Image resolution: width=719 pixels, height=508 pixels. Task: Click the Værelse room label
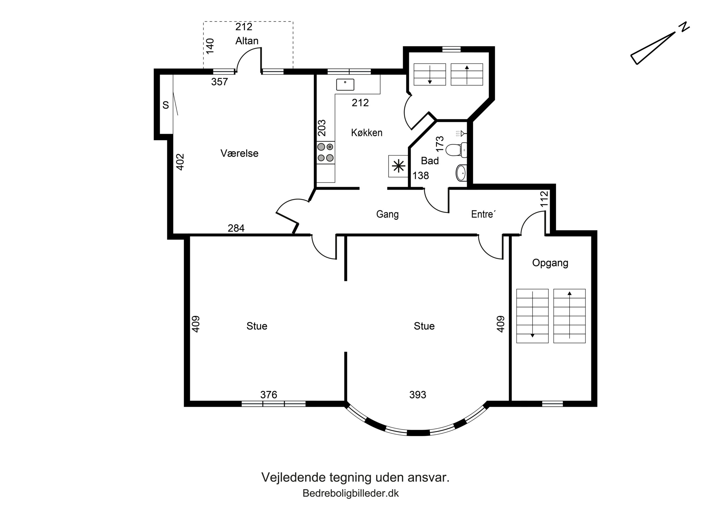[x=239, y=153]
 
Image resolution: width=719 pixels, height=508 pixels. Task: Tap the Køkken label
[x=367, y=133]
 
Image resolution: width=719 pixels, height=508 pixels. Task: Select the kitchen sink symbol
[x=345, y=84]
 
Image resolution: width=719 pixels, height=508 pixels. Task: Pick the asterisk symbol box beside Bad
[x=399, y=166]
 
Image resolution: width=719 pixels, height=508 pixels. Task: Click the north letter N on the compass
[x=685, y=27]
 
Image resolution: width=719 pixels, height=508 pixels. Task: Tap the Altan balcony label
[x=247, y=41]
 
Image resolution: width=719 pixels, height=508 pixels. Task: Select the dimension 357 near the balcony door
[x=220, y=82]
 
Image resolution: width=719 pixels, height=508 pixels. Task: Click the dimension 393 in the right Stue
[x=418, y=395]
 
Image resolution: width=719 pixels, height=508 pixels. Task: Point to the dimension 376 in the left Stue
[x=269, y=395]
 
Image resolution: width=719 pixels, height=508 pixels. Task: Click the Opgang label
[x=550, y=263]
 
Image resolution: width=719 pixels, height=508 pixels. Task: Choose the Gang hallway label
[x=387, y=214]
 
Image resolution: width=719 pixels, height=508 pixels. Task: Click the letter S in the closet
[x=166, y=105]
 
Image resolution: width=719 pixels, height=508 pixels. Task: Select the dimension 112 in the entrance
[x=544, y=199]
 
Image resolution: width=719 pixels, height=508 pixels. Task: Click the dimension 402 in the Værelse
[x=180, y=162]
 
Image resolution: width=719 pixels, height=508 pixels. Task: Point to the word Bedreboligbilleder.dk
[x=351, y=494]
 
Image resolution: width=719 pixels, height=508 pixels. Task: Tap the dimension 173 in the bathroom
[x=440, y=144]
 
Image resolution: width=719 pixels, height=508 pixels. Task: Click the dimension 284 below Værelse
[x=236, y=228]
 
